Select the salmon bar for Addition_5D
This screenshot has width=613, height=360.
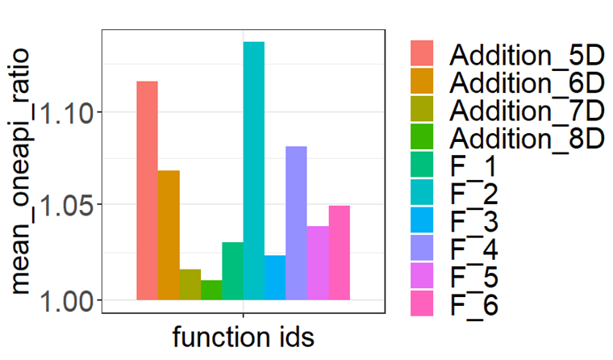[x=147, y=190]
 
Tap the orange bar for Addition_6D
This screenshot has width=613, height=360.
[x=169, y=235]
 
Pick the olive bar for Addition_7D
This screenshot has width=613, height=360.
[x=190, y=284]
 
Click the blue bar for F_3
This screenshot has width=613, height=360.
[x=274, y=278]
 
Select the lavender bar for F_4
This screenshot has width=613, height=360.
[x=296, y=223]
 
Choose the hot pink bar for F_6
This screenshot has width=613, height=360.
[x=339, y=253]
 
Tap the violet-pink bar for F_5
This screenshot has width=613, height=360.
[x=317, y=262]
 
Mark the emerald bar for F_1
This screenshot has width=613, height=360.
[x=232, y=270]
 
